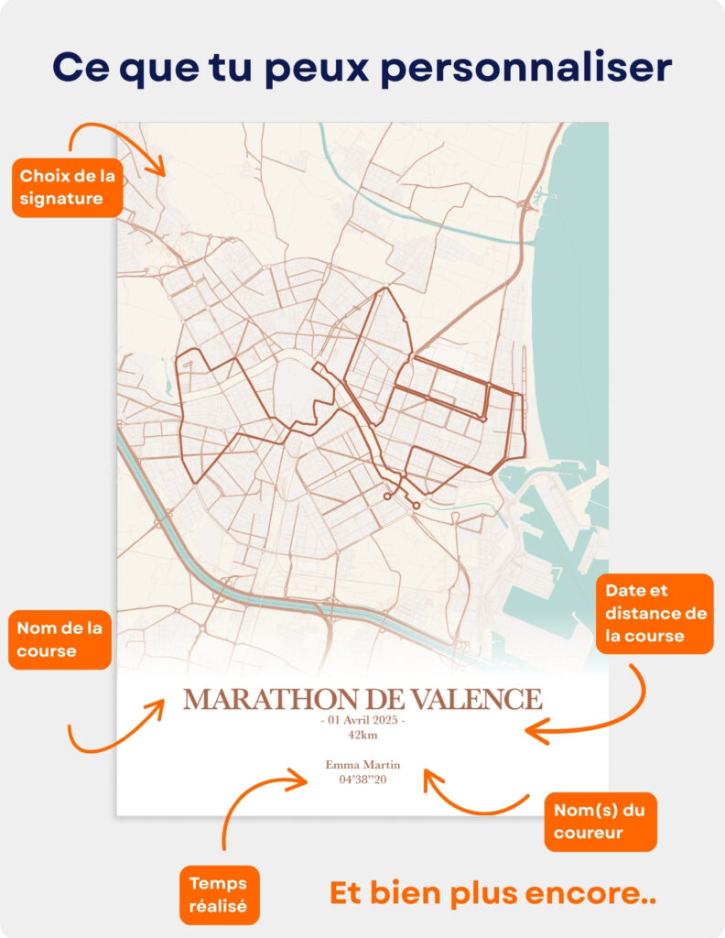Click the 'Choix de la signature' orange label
(67, 187)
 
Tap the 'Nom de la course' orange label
(60, 639)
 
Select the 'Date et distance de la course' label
(655, 613)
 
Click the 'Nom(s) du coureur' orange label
(601, 822)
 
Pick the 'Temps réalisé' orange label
(220, 895)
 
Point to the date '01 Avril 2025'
(362, 721)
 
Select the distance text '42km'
(362, 735)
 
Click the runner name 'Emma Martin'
(362, 765)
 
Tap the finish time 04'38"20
(362, 780)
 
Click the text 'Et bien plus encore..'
(492, 893)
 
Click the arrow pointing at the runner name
(471, 797)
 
